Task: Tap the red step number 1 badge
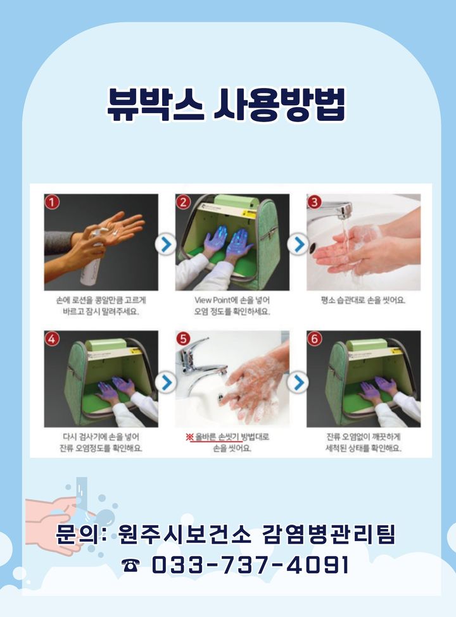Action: pos(53,202)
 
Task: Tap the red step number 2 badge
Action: pos(184,203)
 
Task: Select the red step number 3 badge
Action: pos(315,203)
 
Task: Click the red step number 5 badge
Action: pos(184,339)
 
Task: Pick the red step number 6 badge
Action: pos(315,339)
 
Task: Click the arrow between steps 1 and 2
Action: pos(166,244)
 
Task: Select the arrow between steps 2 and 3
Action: pos(298,244)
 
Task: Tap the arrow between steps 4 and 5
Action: pos(166,382)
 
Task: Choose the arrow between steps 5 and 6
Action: pos(298,382)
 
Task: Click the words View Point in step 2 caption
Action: pos(212,300)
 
